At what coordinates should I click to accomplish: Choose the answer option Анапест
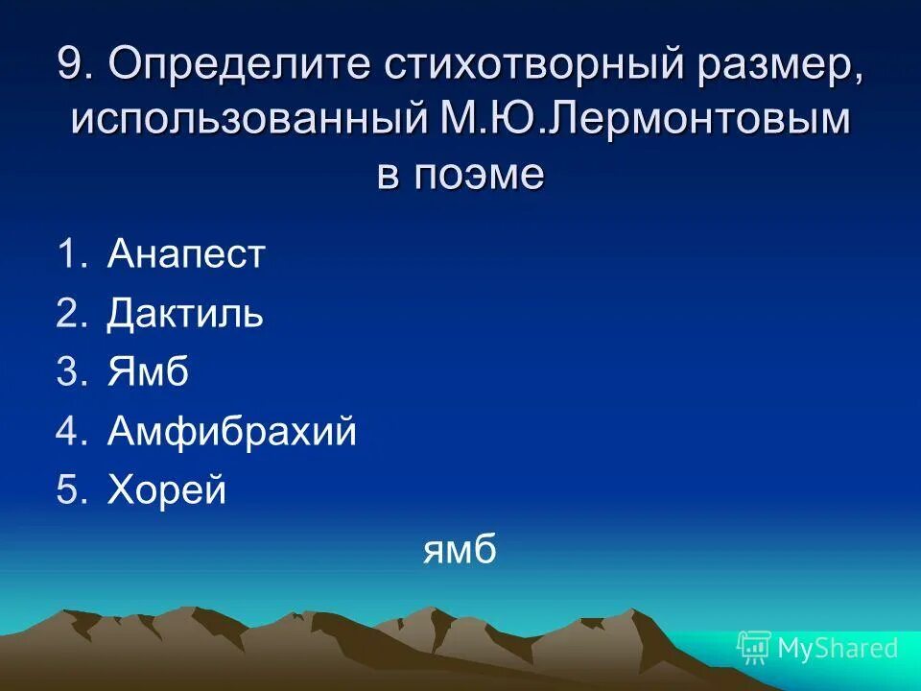[185, 255]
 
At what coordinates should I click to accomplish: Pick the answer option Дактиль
[184, 314]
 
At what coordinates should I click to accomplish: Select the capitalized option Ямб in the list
[148, 373]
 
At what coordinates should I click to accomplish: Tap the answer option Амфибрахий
[231, 432]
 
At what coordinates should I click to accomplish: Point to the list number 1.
[70, 255]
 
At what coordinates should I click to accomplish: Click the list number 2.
[70, 314]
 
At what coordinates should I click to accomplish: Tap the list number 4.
[70, 432]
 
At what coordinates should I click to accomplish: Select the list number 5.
[70, 491]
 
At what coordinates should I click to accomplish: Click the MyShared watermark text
[838, 648]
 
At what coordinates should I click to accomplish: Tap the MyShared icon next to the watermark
[754, 648]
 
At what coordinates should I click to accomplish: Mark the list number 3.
[70, 373]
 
